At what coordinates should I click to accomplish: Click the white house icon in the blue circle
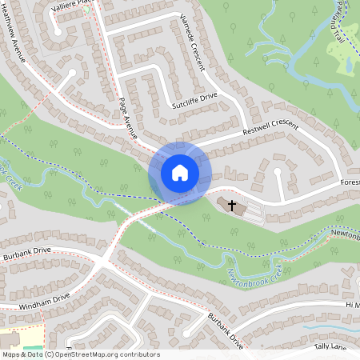tap(180, 173)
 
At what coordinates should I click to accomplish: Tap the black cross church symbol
tap(233, 206)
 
